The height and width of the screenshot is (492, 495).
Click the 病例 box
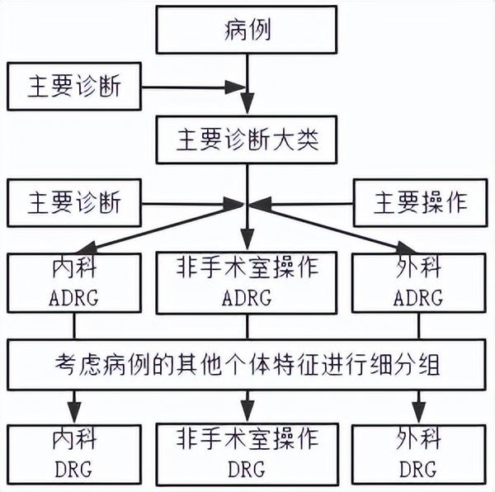(247, 32)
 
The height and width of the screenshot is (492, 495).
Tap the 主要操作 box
(421, 203)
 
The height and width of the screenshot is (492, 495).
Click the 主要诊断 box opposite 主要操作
(74, 203)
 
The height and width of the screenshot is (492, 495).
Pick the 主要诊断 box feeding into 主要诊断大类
(74, 87)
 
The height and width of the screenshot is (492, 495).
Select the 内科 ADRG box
(74, 282)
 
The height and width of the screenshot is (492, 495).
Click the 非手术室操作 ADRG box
(247, 282)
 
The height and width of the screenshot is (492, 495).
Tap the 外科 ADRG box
(421, 282)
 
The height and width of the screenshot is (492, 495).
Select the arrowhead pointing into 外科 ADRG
(404, 247)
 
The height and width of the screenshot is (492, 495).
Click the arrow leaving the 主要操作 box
(305, 203)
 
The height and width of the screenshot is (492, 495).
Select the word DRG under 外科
(421, 470)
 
